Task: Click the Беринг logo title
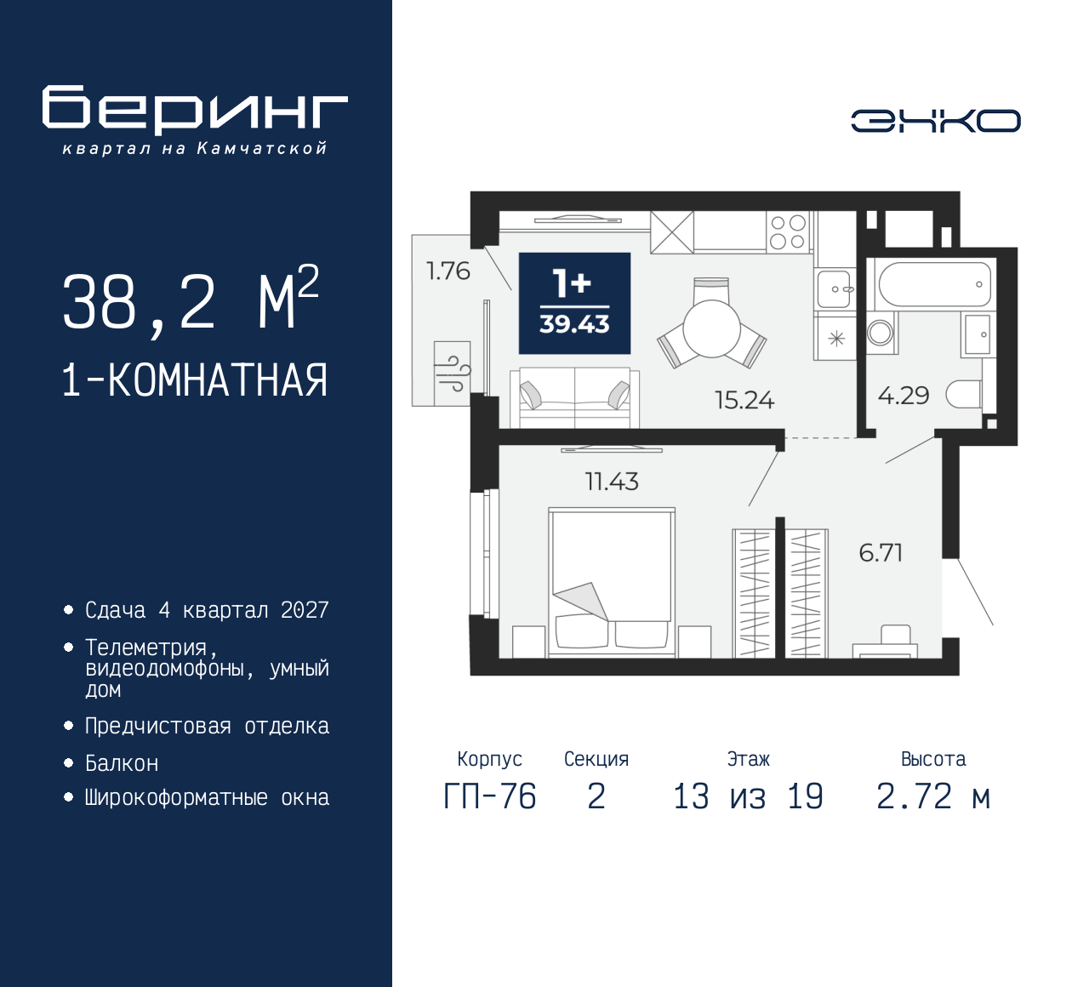(x=195, y=109)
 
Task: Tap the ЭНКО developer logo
(x=935, y=121)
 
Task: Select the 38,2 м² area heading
(x=191, y=300)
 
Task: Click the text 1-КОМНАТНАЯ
(x=195, y=380)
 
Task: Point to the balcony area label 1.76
(x=448, y=271)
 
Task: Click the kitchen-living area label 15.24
(x=744, y=400)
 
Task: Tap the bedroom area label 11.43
(x=612, y=482)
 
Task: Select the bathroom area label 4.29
(x=904, y=396)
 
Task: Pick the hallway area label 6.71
(x=881, y=553)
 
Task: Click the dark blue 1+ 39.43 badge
(x=574, y=303)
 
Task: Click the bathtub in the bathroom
(x=933, y=284)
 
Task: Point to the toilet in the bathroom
(x=965, y=394)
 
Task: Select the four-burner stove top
(x=787, y=231)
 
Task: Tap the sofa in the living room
(x=574, y=397)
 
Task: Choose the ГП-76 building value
(x=490, y=797)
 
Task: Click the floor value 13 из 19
(x=748, y=797)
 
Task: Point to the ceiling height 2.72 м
(x=933, y=797)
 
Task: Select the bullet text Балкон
(x=122, y=763)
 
